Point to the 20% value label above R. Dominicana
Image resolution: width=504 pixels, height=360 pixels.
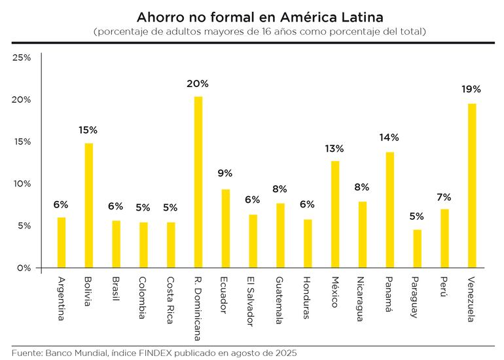click(x=198, y=84)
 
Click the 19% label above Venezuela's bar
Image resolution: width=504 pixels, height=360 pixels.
click(x=471, y=89)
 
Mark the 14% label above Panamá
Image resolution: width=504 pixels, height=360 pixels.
click(x=389, y=137)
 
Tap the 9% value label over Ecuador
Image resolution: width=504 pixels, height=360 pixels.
click(x=225, y=173)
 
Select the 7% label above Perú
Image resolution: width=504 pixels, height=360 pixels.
click(x=444, y=197)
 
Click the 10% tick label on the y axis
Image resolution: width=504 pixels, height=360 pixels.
click(x=22, y=184)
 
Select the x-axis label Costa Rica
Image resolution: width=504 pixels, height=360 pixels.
click(x=170, y=298)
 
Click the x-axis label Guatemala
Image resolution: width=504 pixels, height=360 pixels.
click(x=279, y=300)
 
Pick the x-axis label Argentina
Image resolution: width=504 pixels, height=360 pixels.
click(x=61, y=299)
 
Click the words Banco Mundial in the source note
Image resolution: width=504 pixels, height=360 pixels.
click(x=69, y=353)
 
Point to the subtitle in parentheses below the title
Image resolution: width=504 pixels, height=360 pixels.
click(x=260, y=31)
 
